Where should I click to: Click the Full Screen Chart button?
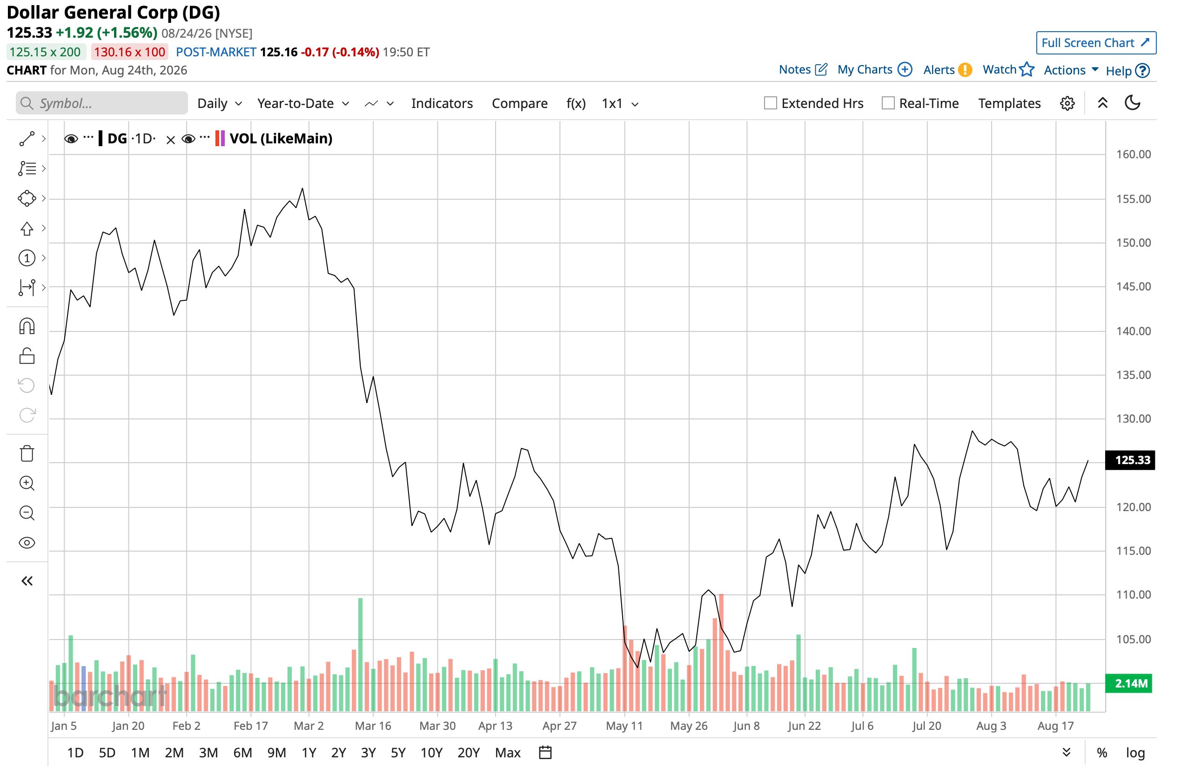pos(1096,43)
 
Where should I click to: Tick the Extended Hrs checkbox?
pos(770,103)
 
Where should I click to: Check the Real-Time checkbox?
pos(888,103)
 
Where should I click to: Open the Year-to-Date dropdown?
pos(303,103)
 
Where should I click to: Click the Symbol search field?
pos(102,103)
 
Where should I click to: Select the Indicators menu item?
pos(442,103)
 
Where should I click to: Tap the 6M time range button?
pos(243,753)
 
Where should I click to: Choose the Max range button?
pos(508,753)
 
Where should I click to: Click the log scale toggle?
pos(1135,753)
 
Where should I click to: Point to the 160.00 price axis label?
pos(1133,154)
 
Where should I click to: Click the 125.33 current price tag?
pos(1130,460)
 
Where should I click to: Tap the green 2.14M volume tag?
pos(1130,683)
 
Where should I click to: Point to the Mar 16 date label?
pos(373,726)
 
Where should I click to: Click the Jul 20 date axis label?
pos(927,726)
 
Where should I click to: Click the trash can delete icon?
pos(27,453)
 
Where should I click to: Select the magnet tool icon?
pos(27,326)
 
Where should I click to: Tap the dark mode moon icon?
pos(1133,103)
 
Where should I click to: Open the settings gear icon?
pos(1067,103)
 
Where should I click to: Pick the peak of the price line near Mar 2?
pos(302,189)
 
